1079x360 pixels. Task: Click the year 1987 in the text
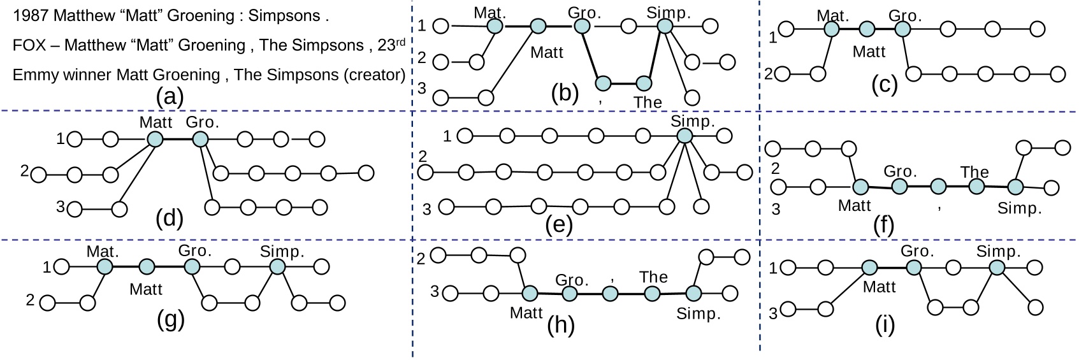pos(31,16)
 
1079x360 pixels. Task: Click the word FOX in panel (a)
pos(27,45)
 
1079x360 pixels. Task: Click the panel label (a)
pos(170,96)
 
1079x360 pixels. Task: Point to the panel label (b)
pos(565,93)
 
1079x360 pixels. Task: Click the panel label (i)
pos(885,324)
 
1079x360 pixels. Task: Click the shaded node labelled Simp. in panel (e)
pos(684,136)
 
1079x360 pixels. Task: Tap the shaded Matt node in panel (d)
pos(154,140)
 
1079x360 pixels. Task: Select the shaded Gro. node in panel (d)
pos(200,140)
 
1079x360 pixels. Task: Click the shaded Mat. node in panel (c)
pos(831,29)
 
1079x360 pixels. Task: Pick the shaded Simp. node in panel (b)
pos(665,26)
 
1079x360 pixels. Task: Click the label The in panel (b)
pos(648,102)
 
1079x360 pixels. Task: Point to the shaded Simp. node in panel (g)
pos(277,267)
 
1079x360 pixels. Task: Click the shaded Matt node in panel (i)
pos(869,268)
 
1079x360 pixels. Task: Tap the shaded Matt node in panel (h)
pos(530,294)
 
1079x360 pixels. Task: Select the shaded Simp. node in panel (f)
pos(1015,187)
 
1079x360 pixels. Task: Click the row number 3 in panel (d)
pos(61,206)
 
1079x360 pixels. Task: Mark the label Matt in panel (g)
pos(146,289)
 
